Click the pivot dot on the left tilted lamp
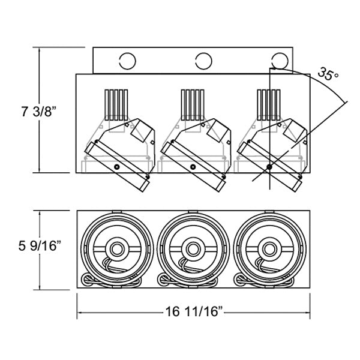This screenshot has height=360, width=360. coord(118,166)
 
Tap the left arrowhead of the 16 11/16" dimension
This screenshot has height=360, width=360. coord(80,311)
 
